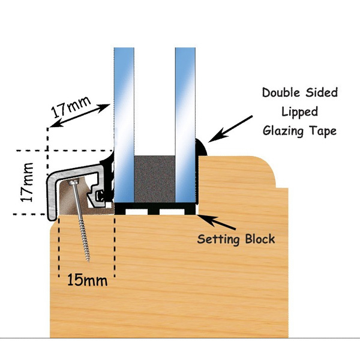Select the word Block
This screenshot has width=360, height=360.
[x=259, y=239]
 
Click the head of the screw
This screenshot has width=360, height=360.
[x=73, y=182]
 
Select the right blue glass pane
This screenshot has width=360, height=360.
[x=186, y=120]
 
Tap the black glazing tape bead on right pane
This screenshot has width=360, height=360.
[x=202, y=148]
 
